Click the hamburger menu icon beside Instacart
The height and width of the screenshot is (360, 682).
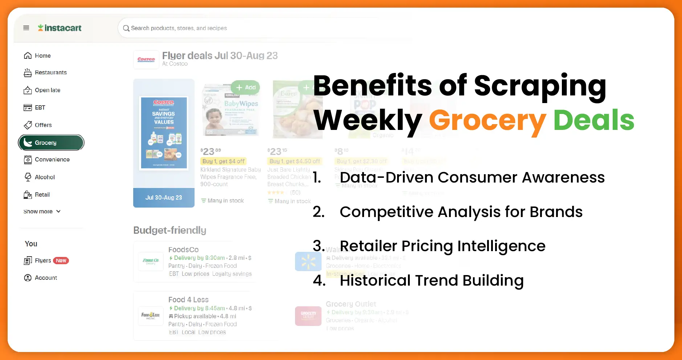(26, 28)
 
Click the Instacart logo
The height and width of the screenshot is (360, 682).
(60, 28)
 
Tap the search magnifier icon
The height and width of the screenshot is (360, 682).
(126, 28)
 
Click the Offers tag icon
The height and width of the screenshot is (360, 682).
(28, 125)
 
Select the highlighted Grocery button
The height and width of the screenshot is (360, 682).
(51, 143)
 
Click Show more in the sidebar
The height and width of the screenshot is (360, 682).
(42, 212)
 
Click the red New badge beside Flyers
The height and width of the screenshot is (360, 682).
(61, 261)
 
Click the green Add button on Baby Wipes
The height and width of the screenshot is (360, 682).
(246, 87)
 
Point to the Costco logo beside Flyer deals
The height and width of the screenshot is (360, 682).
(146, 60)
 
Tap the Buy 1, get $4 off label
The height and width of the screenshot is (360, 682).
(224, 161)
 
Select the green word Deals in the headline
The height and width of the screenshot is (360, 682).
(594, 120)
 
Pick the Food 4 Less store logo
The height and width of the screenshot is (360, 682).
(151, 315)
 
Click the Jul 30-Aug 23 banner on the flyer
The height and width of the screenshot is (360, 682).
(164, 198)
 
